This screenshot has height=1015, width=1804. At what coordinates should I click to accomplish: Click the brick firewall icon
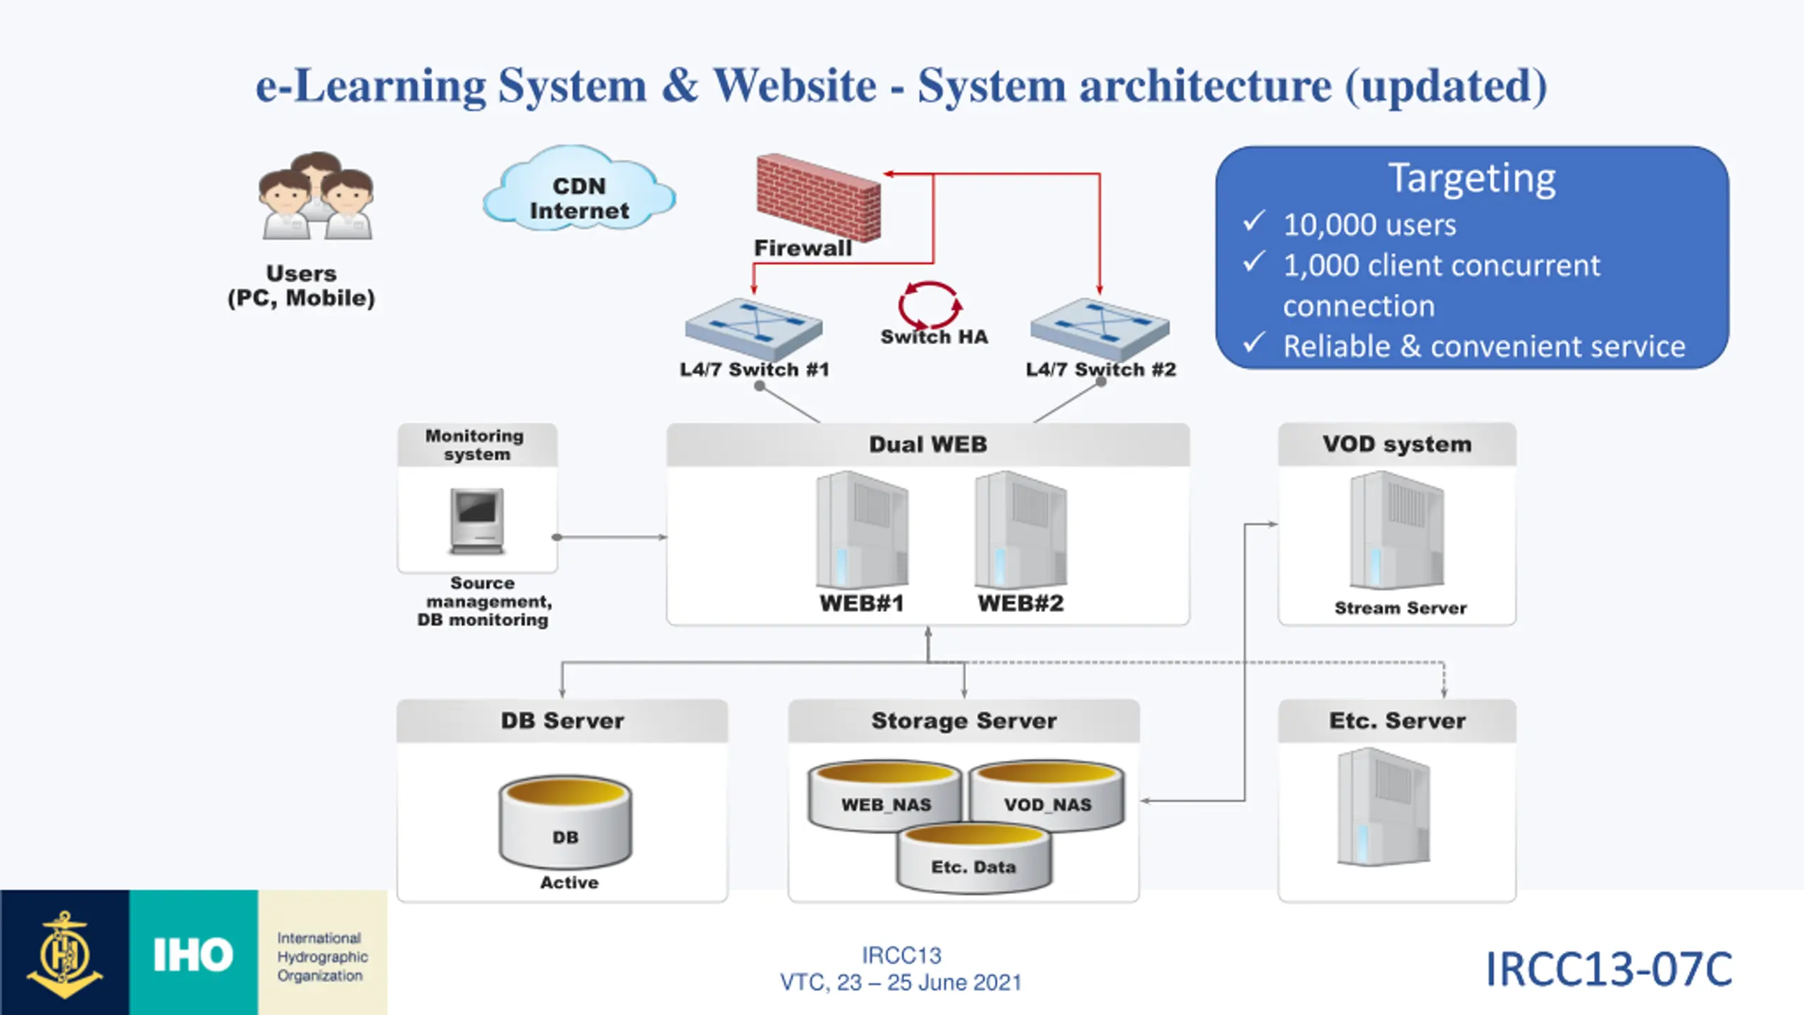[x=818, y=197]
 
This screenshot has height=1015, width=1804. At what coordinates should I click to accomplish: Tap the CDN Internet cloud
[x=579, y=189]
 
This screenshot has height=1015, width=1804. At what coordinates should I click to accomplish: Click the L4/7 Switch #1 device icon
[x=753, y=328]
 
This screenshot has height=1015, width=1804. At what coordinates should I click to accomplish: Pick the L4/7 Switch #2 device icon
[x=1100, y=328]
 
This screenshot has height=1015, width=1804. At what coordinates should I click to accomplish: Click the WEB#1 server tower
[x=862, y=529]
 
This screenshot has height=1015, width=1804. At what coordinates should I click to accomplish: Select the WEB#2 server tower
[x=1020, y=529]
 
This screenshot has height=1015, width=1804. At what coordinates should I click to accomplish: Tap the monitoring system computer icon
[x=477, y=521]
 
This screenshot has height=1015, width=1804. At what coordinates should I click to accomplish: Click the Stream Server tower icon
[x=1397, y=530]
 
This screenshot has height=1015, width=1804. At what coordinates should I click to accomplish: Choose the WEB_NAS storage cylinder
[x=885, y=795]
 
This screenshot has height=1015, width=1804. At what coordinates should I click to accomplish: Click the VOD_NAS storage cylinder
[x=1047, y=795]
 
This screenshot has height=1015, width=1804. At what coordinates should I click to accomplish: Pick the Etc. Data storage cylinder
[x=974, y=858]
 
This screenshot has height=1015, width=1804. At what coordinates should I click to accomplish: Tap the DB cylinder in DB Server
[x=565, y=822]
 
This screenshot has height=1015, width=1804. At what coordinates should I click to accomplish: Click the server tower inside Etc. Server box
[x=1384, y=807]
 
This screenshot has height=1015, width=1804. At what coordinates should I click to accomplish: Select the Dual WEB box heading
[x=928, y=444]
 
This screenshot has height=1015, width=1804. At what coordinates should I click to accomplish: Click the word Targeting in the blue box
[x=1471, y=179]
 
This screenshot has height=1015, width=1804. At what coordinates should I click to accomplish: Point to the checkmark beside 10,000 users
[x=1254, y=221]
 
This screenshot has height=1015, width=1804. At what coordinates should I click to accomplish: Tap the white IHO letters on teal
[x=193, y=955]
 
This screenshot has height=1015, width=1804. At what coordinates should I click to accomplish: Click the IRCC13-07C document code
[x=1609, y=969]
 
